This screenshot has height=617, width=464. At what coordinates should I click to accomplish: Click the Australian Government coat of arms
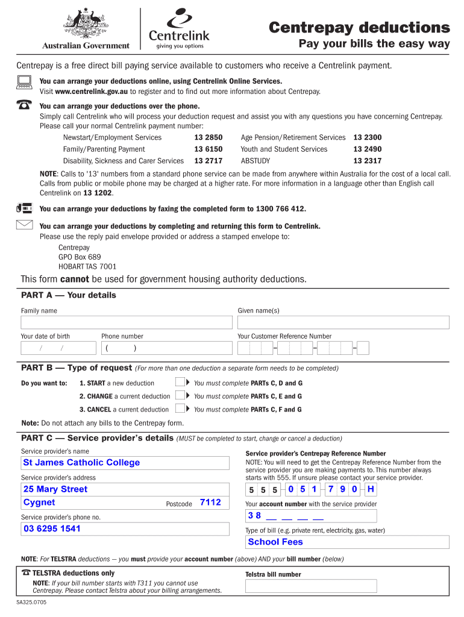(86, 23)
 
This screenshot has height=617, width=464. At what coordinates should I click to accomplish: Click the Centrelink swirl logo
(180, 18)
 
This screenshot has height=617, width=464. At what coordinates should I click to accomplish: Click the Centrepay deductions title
(359, 28)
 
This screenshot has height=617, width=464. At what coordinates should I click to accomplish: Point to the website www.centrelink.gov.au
(91, 92)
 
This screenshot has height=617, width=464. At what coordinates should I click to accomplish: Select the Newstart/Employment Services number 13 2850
(208, 137)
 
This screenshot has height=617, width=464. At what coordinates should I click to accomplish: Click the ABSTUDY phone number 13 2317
(367, 161)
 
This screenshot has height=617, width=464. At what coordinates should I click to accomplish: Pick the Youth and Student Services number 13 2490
(367, 149)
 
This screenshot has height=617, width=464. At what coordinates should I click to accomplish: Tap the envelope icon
(24, 226)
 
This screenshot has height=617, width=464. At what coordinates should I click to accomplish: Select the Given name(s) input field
(343, 322)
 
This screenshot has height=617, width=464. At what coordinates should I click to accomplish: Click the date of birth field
(58, 348)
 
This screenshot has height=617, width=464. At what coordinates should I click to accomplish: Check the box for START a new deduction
(180, 383)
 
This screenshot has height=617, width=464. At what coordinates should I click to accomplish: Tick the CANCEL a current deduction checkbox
(180, 409)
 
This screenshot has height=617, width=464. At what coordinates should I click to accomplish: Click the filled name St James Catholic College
(81, 463)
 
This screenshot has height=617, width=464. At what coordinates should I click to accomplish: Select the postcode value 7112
(210, 503)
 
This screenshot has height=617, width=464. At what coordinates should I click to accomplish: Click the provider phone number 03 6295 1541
(52, 529)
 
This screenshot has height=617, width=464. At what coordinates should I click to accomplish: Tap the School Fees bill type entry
(275, 542)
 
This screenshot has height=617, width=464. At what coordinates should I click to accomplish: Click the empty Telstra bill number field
(311, 586)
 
